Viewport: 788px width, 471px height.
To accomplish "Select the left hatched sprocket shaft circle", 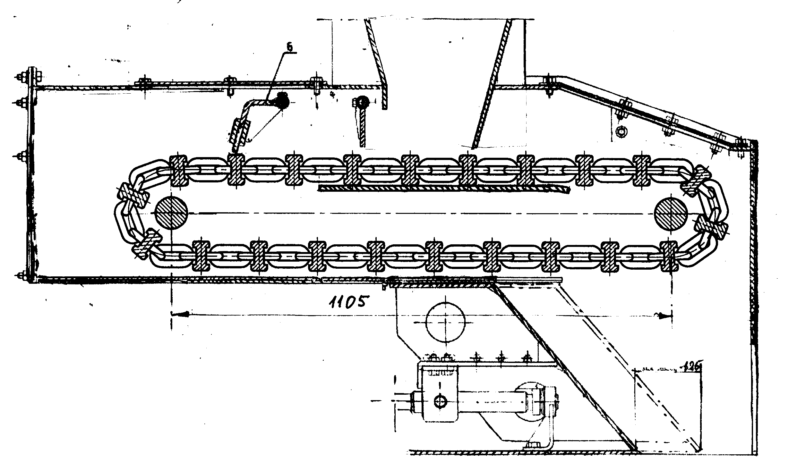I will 171,212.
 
